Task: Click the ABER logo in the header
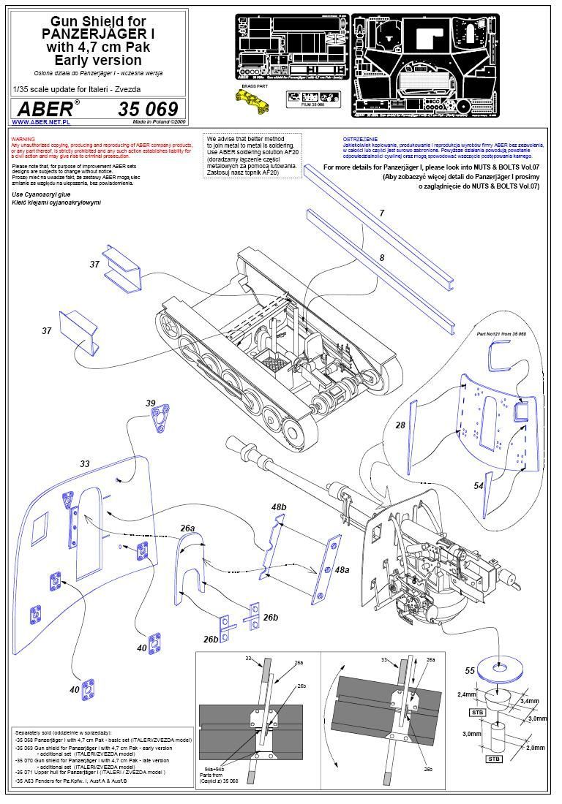pyautogui.click(x=45, y=109)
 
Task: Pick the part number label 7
pyautogui.click(x=381, y=213)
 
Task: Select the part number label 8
pyautogui.click(x=381, y=257)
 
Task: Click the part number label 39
pyautogui.click(x=150, y=403)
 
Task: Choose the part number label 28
pyautogui.click(x=400, y=425)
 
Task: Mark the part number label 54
pyautogui.click(x=479, y=485)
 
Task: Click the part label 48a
pyautogui.click(x=341, y=569)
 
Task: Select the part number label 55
pyautogui.click(x=471, y=670)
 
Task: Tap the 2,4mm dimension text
pyautogui.click(x=467, y=694)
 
